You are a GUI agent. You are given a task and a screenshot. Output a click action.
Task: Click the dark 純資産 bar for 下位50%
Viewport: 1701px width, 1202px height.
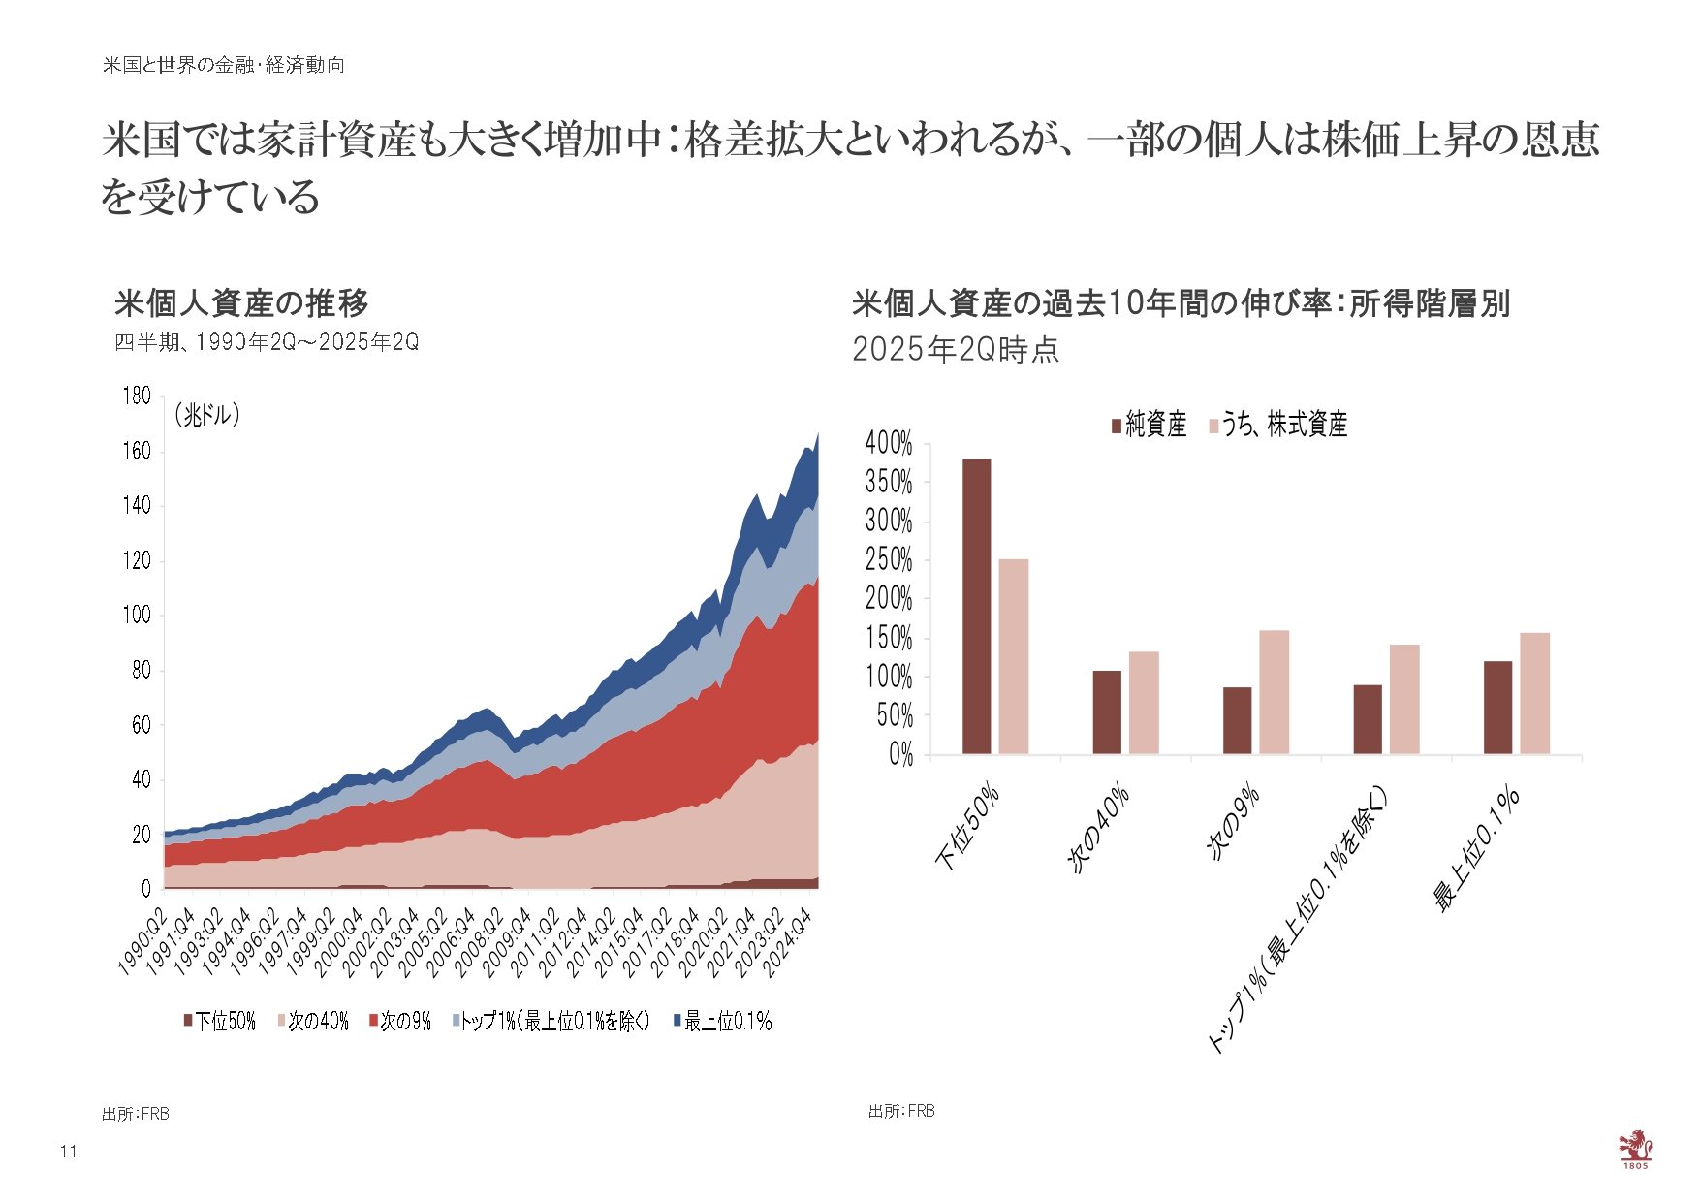[976, 607]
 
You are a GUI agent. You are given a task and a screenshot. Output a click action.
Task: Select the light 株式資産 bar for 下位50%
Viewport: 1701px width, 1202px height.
[1014, 657]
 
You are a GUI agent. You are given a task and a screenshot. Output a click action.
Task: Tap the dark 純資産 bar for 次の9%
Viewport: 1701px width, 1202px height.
[1237, 720]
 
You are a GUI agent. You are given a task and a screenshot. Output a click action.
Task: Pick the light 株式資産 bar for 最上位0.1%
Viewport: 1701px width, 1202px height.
[1534, 693]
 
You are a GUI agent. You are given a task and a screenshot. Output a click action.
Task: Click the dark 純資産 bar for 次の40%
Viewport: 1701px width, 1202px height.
[1107, 712]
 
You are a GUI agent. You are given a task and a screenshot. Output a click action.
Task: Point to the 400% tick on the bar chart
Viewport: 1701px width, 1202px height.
[889, 444]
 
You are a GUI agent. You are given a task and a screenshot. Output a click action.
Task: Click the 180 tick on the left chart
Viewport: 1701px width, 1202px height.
[137, 395]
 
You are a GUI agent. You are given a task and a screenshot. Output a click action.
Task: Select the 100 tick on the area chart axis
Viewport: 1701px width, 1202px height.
[137, 615]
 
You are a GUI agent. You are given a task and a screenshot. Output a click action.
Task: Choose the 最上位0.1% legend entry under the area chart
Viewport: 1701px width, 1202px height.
[722, 1021]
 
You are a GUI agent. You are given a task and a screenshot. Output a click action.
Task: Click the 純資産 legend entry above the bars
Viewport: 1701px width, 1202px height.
[1149, 425]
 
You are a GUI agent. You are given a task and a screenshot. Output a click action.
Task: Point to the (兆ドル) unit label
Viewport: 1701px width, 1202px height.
[206, 415]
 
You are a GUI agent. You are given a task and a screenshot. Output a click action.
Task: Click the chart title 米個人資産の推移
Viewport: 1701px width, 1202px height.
[241, 303]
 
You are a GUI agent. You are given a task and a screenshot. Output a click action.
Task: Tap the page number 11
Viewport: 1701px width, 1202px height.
[68, 1152]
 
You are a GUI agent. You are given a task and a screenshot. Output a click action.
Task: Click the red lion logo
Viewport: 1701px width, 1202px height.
[1634, 1148]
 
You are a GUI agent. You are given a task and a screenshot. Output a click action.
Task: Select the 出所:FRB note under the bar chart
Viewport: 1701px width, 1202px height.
[901, 1111]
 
